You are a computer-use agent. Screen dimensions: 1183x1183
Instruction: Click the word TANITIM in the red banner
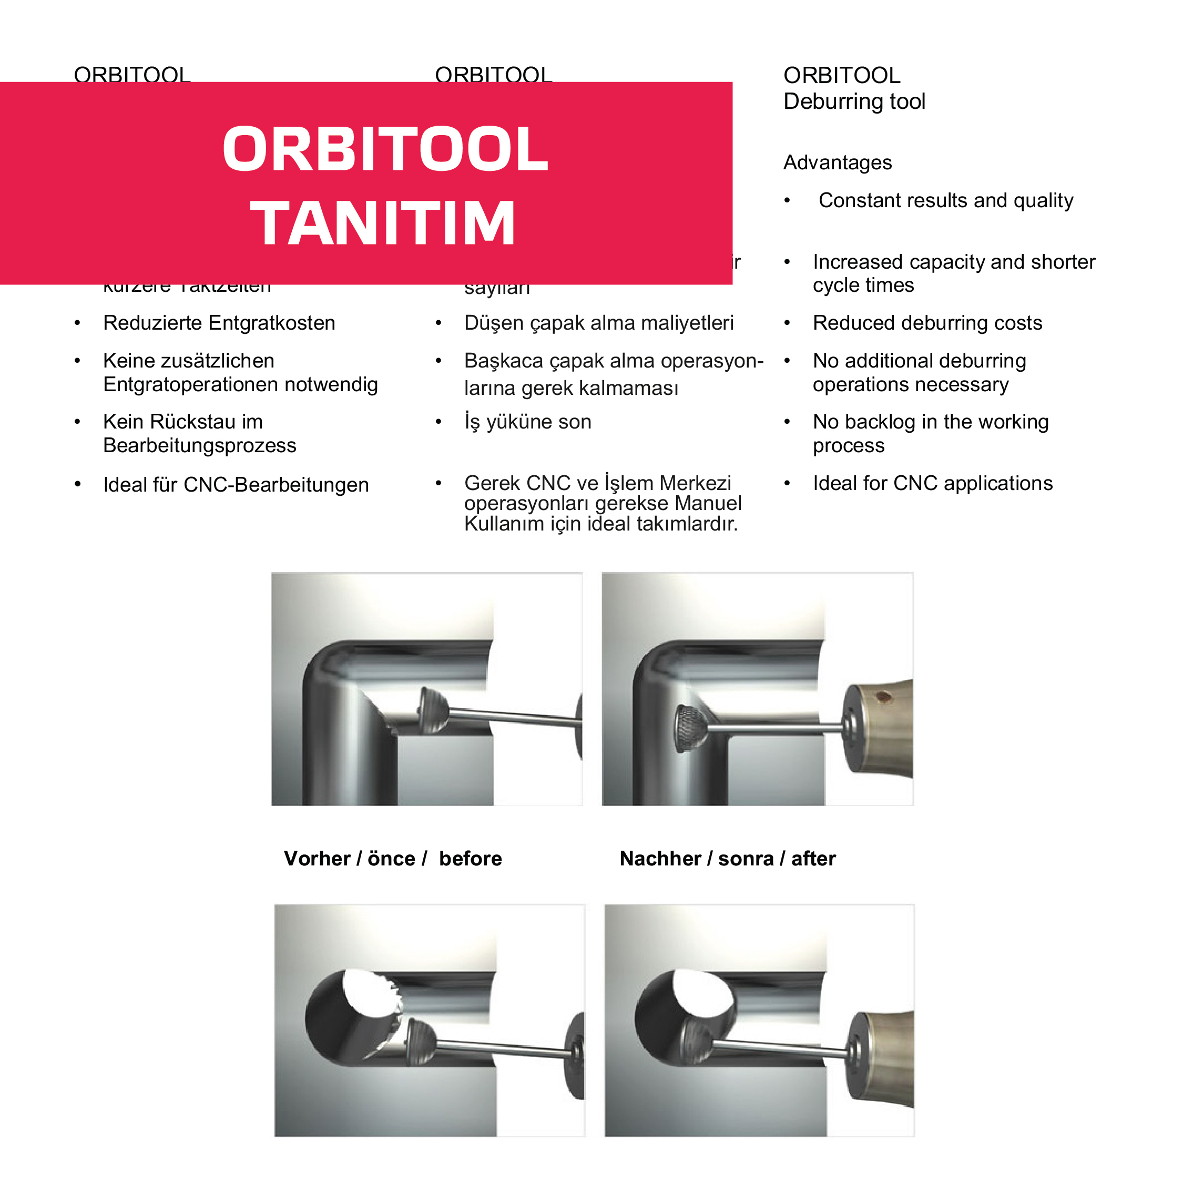(383, 224)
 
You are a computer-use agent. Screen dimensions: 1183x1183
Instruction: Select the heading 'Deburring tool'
(854, 101)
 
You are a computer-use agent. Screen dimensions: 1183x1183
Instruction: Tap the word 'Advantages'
(837, 163)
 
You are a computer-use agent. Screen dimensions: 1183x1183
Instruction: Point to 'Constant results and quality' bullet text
(945, 201)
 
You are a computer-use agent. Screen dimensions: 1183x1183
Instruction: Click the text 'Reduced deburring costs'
(927, 323)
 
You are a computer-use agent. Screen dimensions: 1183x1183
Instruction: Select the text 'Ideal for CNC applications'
(933, 484)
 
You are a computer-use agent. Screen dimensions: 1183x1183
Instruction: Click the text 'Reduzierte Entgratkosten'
(219, 323)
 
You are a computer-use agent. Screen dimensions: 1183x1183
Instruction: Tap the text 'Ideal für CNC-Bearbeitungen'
(236, 485)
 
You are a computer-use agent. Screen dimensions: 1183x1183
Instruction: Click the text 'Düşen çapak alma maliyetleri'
(598, 323)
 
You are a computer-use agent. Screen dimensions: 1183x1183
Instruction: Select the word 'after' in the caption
(813, 859)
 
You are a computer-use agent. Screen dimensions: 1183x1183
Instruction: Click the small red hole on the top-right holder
(882, 696)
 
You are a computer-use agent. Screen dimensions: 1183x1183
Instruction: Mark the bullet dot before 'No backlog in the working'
(788, 422)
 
